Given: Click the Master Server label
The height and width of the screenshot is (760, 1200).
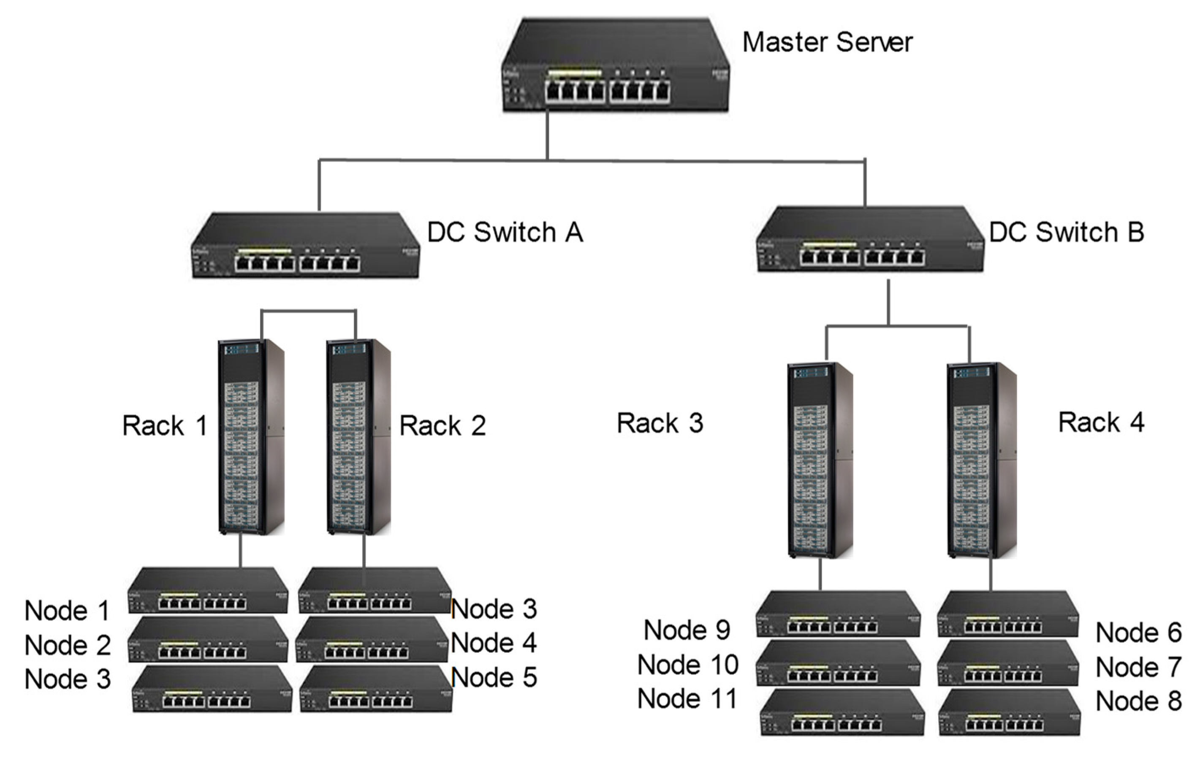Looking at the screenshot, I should [x=827, y=42].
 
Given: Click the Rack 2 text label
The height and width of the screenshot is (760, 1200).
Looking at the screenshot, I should [x=443, y=426].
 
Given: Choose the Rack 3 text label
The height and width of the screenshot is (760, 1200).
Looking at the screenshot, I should [x=660, y=424].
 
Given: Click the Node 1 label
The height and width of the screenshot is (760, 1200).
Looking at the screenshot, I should [x=67, y=611].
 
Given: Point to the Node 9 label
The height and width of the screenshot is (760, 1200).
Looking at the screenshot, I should [x=687, y=630].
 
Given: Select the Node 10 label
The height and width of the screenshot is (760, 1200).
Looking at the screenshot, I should [x=688, y=665].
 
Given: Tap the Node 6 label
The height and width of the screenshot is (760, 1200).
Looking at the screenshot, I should [x=1139, y=633].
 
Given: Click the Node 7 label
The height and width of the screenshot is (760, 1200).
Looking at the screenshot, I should [x=1139, y=667].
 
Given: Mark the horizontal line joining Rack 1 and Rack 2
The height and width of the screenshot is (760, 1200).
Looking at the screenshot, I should [x=308, y=311].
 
